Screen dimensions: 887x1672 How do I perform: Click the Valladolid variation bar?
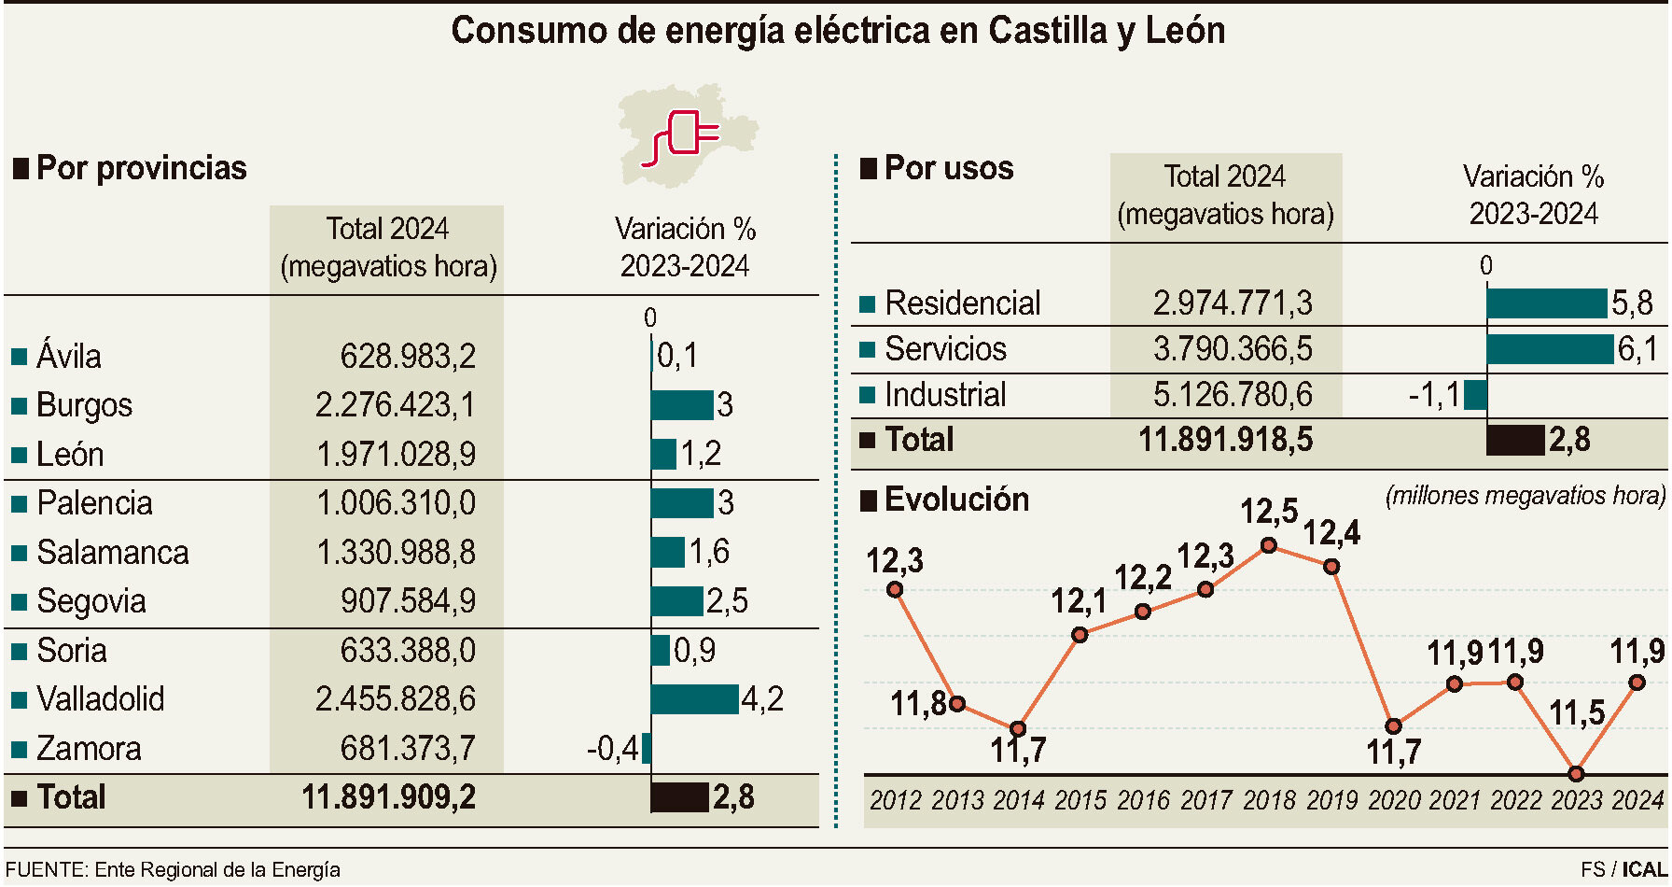pyautogui.click(x=694, y=699)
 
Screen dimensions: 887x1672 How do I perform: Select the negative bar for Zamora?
pyautogui.click(x=647, y=749)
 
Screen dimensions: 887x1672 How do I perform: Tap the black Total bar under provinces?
pyautogui.click(x=679, y=797)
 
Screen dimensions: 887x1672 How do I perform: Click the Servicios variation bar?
pyautogui.click(x=1550, y=349)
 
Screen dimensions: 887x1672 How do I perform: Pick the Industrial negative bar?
pyautogui.click(x=1475, y=395)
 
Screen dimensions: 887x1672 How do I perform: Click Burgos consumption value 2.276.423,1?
pyautogui.click(x=395, y=405)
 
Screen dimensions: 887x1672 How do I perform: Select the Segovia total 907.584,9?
pyautogui.click(x=408, y=601)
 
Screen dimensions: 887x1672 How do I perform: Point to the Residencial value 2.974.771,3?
pyautogui.click(x=1232, y=303)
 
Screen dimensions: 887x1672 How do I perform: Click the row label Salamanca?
pyautogui.click(x=112, y=553)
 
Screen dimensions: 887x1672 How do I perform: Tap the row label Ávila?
pyautogui.click(x=68, y=357)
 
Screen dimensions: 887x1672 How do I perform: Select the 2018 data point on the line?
pyautogui.click(x=1268, y=545)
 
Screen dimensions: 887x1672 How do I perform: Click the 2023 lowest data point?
pyautogui.click(x=1576, y=774)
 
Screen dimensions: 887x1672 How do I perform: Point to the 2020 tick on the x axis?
pyautogui.click(x=1394, y=800)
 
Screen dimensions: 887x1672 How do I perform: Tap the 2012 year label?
pyautogui.click(x=896, y=800)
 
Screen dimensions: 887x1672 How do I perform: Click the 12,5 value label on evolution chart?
pyautogui.click(x=1268, y=512)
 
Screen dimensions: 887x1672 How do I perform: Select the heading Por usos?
pyautogui.click(x=948, y=168)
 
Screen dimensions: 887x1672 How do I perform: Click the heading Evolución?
pyautogui.click(x=955, y=500)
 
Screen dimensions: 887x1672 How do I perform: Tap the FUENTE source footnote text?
pyautogui.click(x=173, y=870)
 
